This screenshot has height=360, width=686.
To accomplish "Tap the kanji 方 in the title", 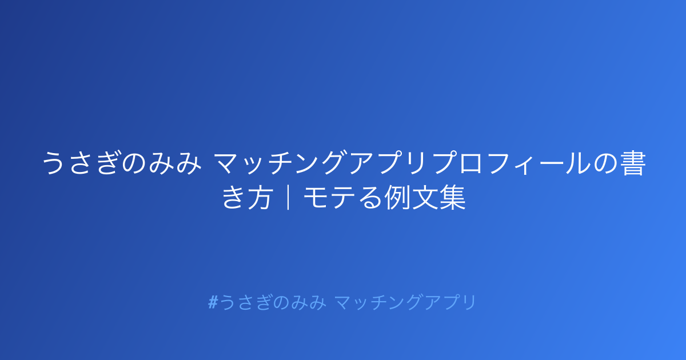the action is tap(260, 198).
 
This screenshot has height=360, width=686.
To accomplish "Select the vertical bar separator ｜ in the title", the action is tap(288, 198).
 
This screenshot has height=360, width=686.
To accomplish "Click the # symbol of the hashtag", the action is tap(213, 302).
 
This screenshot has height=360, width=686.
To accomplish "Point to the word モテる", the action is tap(342, 198).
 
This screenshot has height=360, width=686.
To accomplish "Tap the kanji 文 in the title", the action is tap(424, 198).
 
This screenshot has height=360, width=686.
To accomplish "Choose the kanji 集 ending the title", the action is tap(452, 198).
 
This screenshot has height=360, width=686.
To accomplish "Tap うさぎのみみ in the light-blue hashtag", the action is tap(273, 302).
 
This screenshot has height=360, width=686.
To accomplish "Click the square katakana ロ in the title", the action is tap(470, 164).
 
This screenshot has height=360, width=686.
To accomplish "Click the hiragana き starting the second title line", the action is tap(234, 198).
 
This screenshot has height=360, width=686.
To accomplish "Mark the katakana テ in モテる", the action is tap(342, 198).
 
